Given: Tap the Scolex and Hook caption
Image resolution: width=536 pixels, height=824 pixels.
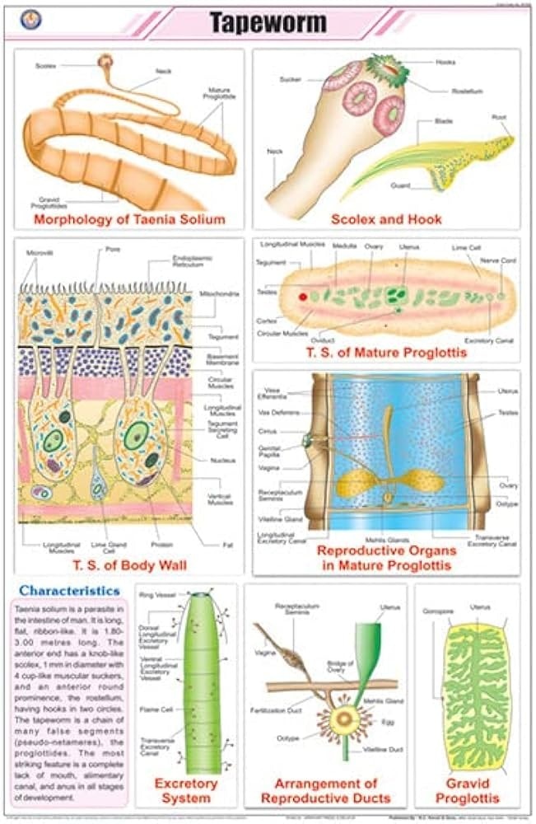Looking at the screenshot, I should pos(386,219).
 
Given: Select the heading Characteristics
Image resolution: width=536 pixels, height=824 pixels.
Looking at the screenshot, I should pos(70,590).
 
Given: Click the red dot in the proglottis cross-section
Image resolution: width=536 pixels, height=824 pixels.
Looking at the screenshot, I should pos(303,296).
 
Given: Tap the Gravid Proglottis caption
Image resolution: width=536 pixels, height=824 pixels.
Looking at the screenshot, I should pos(468,790).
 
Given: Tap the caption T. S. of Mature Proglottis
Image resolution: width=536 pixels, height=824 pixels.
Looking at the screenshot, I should pos(385,353).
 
